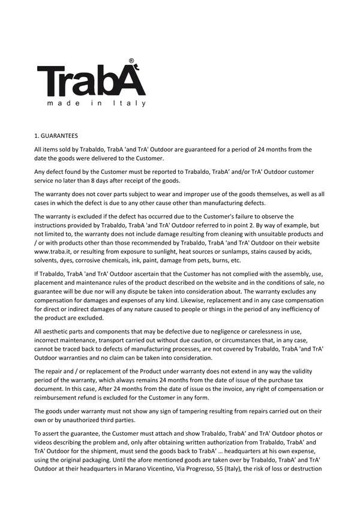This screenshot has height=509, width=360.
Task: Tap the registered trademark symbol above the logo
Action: [x=131, y=61]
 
